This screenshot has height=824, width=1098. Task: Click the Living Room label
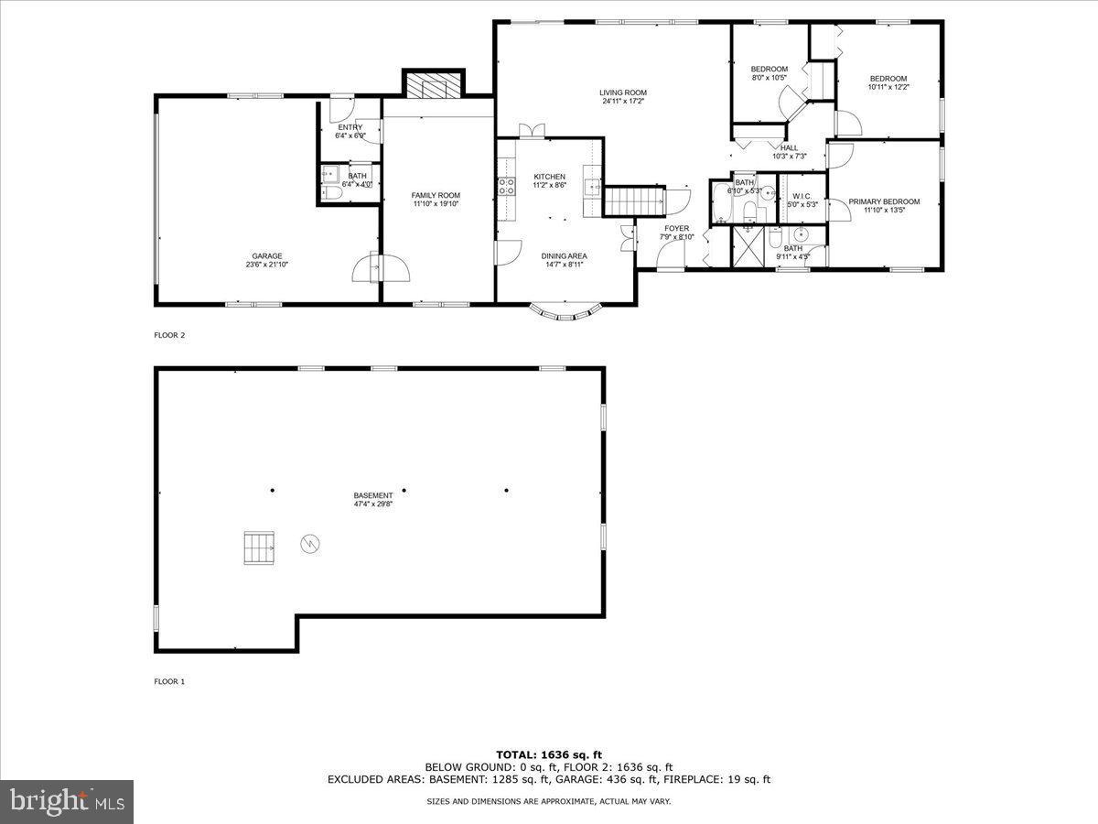[623, 92]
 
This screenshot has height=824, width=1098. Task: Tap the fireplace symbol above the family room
[434, 86]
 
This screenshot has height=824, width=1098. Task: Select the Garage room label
[267, 256]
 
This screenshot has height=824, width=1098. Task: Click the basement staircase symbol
[259, 548]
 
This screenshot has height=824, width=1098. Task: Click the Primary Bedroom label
[884, 201]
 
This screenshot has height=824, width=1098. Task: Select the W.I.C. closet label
[802, 196]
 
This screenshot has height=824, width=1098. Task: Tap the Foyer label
[677, 228]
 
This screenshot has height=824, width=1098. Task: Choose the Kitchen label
[550, 177]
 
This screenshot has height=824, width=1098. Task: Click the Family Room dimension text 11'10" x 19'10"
[436, 204]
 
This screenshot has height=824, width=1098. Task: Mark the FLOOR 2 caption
[169, 335]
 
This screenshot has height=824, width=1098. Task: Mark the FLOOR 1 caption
[169, 681]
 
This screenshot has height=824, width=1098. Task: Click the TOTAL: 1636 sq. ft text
[549, 754]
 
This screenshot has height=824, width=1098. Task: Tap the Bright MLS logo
[67, 802]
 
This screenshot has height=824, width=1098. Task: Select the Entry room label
[350, 127]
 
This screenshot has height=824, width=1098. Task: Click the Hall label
[789, 147]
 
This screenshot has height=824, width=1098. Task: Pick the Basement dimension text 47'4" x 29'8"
[373, 504]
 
